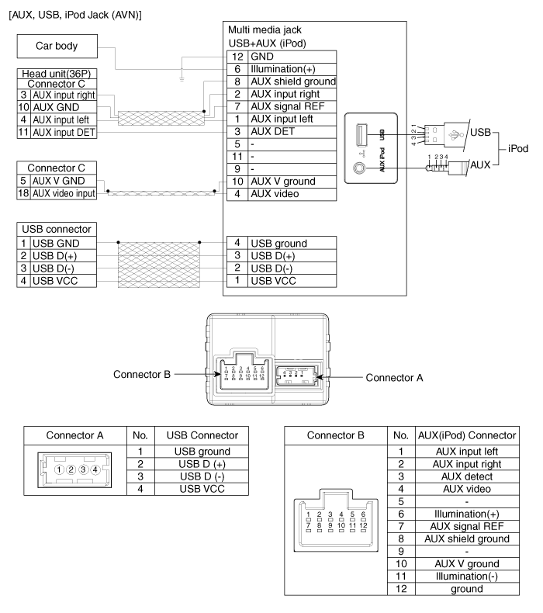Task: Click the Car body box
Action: tap(57, 46)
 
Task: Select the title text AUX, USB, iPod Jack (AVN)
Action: tap(75, 15)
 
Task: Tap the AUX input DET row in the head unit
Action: tap(57, 132)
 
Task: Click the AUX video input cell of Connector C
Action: tap(64, 193)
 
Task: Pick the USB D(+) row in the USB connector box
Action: tap(57, 256)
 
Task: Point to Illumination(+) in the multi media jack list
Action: tap(282, 69)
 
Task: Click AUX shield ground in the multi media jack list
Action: tap(293, 81)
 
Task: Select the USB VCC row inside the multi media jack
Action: tap(282, 281)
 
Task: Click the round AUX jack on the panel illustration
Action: tap(360, 168)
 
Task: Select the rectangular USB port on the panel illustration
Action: tap(361, 134)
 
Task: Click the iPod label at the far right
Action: tap(518, 148)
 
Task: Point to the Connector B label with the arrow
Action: tap(142, 375)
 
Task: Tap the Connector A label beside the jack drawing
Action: tap(394, 378)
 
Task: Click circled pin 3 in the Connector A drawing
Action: tap(83, 469)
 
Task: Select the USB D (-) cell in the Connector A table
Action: tap(202, 476)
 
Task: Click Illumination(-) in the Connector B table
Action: tap(467, 577)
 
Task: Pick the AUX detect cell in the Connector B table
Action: tap(467, 476)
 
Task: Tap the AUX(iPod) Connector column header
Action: tap(467, 435)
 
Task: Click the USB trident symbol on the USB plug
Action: tap(454, 136)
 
